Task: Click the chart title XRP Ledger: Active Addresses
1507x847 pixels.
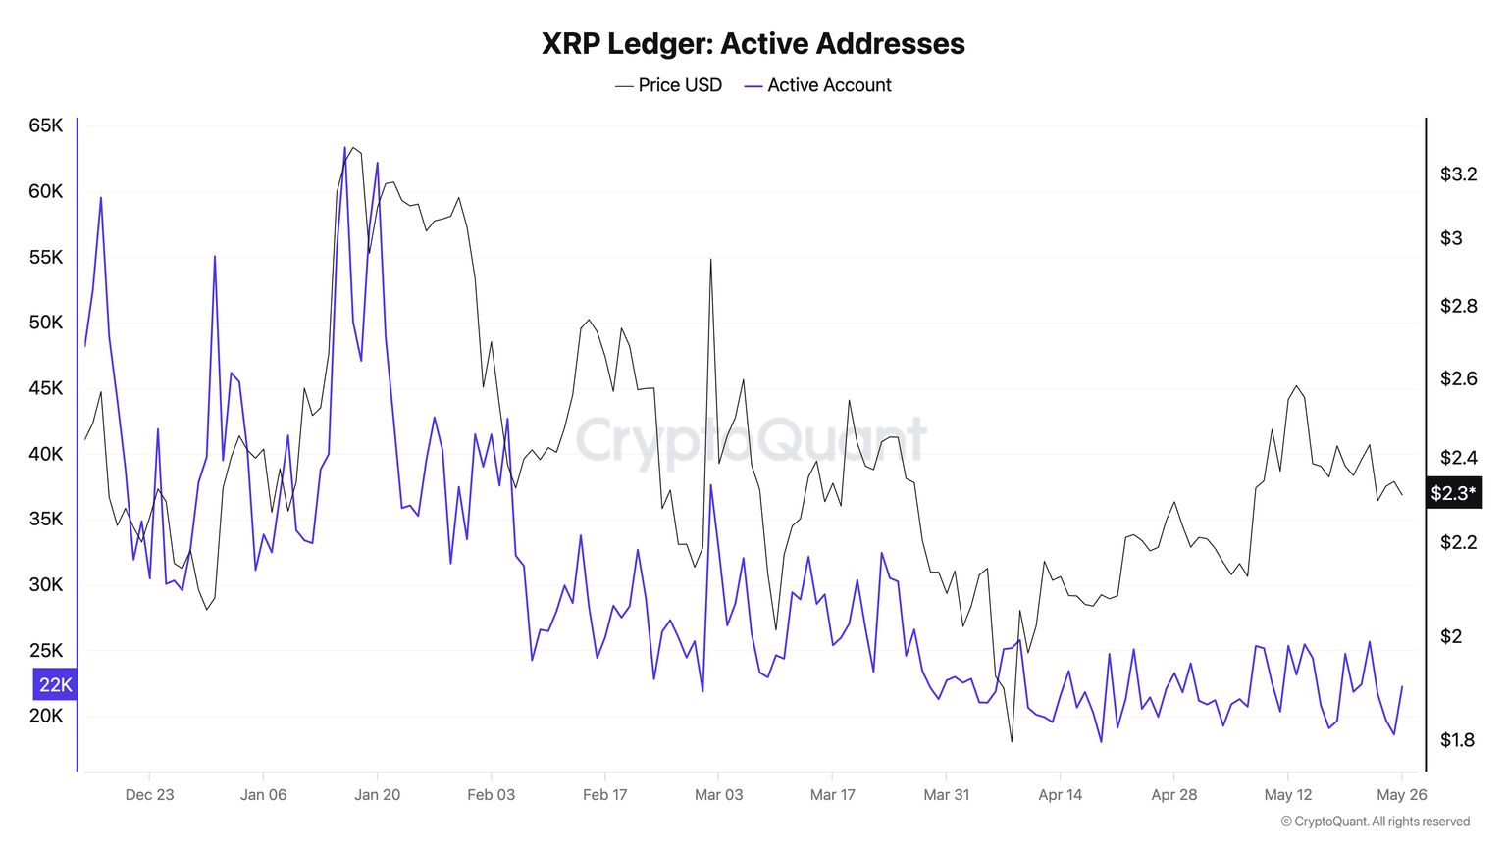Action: [x=753, y=44]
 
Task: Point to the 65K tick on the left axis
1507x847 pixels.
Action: [x=46, y=125]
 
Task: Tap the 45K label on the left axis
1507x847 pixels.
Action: [x=46, y=388]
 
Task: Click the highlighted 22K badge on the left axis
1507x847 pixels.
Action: [x=55, y=684]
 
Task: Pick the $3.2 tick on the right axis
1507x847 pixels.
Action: [x=1458, y=174]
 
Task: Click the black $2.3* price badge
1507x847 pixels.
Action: [x=1453, y=493]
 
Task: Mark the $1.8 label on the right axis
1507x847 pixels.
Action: [x=1457, y=740]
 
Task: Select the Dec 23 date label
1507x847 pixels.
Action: [x=149, y=794]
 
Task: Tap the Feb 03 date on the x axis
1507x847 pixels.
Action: [x=491, y=794]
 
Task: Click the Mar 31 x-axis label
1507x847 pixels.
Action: [x=946, y=794]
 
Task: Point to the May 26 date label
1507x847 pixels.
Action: [x=1401, y=794]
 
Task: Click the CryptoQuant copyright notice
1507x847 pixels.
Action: [x=1375, y=822]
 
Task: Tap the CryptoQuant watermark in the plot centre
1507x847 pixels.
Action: [x=751, y=440]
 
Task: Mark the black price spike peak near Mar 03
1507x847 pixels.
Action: [x=710, y=260]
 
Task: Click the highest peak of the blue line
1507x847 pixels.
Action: [x=345, y=148]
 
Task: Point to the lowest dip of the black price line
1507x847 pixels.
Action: [x=1012, y=740]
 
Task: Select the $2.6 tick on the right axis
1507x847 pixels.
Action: [x=1458, y=378]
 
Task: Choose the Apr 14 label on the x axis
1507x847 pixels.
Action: [x=1060, y=794]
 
